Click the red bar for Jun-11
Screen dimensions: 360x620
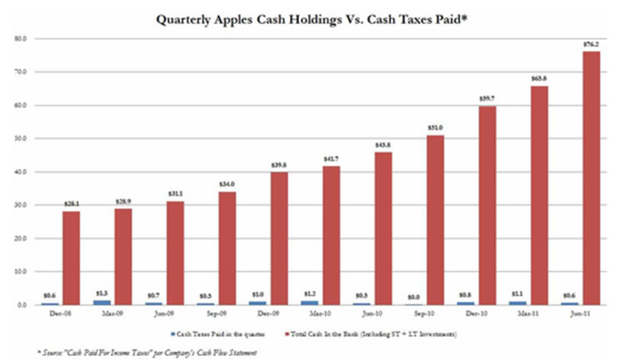coord(591,182)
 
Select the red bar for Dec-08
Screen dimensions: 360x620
coord(71,258)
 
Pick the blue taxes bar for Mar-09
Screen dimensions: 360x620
coord(102,302)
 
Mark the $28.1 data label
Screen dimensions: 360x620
coord(71,204)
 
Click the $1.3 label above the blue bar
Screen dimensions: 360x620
coord(102,294)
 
